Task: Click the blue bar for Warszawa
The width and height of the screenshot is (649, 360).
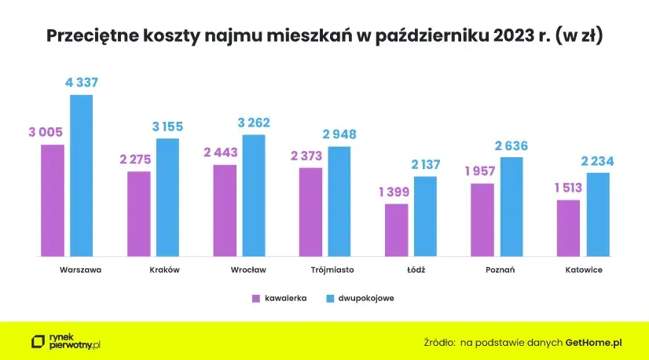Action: point(82,175)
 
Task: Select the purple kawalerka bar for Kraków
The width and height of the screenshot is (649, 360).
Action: point(138,214)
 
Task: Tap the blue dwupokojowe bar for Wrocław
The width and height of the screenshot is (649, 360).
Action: point(254,196)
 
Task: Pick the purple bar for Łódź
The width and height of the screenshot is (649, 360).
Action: point(397,230)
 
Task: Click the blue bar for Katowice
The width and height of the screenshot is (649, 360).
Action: point(598,215)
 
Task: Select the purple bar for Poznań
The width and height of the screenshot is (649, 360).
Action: point(482,220)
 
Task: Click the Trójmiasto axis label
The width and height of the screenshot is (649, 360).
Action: point(332,270)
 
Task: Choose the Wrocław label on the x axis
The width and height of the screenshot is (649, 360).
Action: point(248,270)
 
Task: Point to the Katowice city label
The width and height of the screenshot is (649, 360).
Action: point(584,270)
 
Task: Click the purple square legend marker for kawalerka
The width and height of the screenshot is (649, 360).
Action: point(255,299)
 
